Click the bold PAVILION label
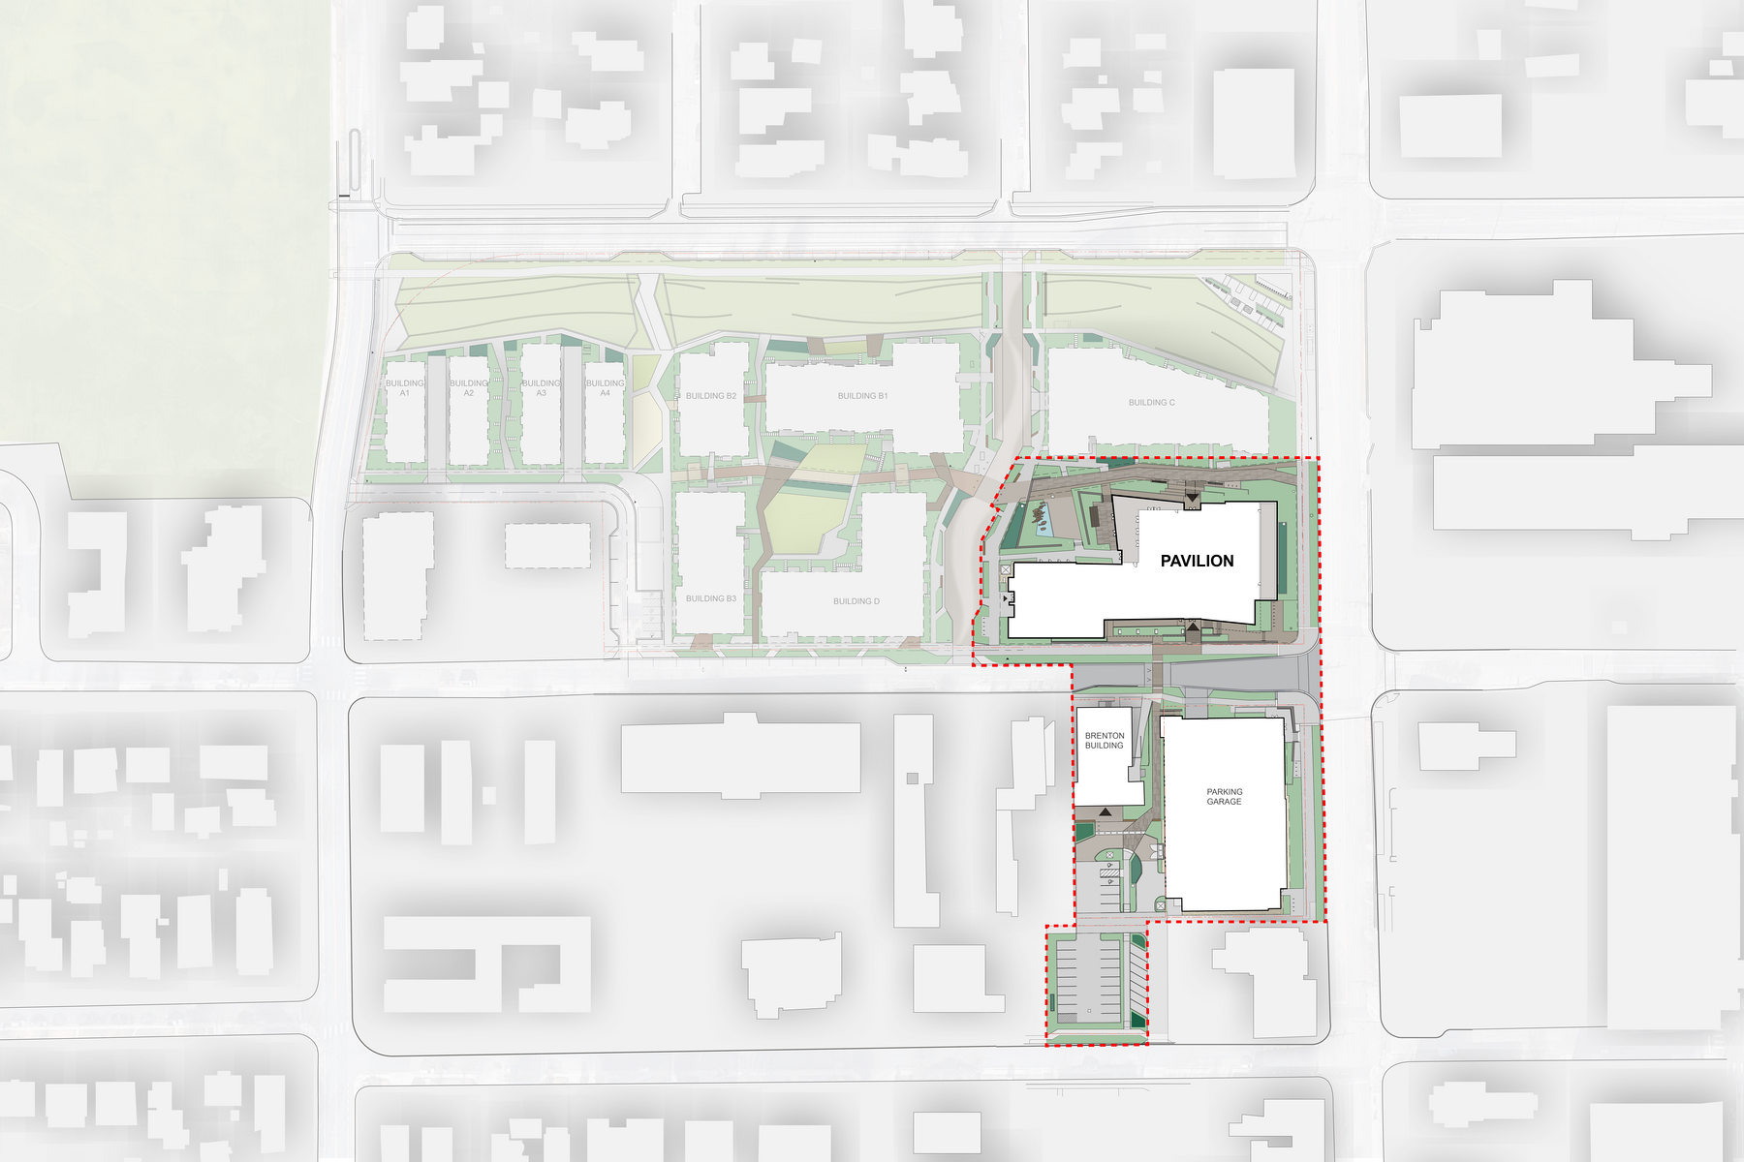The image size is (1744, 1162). (x=1197, y=561)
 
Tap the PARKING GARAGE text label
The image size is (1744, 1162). (x=1224, y=797)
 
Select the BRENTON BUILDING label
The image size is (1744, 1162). (x=1104, y=741)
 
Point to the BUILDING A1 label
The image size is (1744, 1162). (x=405, y=387)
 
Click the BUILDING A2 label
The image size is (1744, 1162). (x=469, y=387)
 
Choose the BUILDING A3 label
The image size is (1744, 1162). (x=541, y=387)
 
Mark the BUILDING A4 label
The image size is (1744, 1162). (x=605, y=387)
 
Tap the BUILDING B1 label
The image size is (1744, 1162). (x=862, y=396)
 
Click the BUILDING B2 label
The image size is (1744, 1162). (x=711, y=396)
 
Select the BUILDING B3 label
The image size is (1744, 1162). (x=711, y=598)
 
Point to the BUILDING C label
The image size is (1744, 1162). (x=1151, y=403)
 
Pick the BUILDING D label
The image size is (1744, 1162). (x=856, y=601)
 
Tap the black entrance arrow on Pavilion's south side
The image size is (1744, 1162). (x=1194, y=628)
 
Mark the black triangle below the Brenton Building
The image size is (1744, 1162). (x=1105, y=812)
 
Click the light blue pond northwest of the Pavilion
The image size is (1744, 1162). (x=1043, y=522)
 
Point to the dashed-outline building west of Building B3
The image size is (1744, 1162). (x=547, y=546)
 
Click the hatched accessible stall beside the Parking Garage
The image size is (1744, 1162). (x=1109, y=873)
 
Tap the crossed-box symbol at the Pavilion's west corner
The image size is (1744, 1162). (x=1007, y=569)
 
